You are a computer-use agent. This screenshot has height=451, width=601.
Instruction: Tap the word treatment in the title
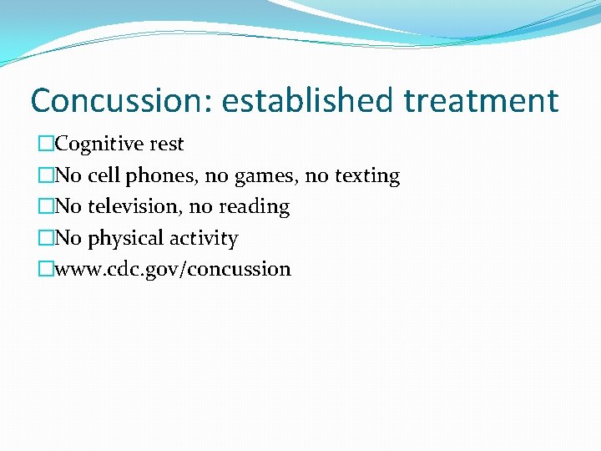point(481,101)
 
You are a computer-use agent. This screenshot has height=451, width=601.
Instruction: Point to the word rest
point(167,144)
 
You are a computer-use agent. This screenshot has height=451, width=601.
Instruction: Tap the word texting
point(367,176)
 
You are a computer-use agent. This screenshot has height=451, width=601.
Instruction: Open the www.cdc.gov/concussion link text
point(173,269)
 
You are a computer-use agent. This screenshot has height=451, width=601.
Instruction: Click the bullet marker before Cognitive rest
point(46,144)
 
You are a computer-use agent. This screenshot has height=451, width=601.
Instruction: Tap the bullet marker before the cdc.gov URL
point(46,269)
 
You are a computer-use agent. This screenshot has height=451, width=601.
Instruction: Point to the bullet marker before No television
point(46,206)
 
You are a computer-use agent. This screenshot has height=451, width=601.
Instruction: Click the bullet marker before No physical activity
point(46,238)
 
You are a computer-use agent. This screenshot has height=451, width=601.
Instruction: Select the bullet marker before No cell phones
point(46,175)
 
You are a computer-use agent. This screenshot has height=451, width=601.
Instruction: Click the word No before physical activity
point(68,238)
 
